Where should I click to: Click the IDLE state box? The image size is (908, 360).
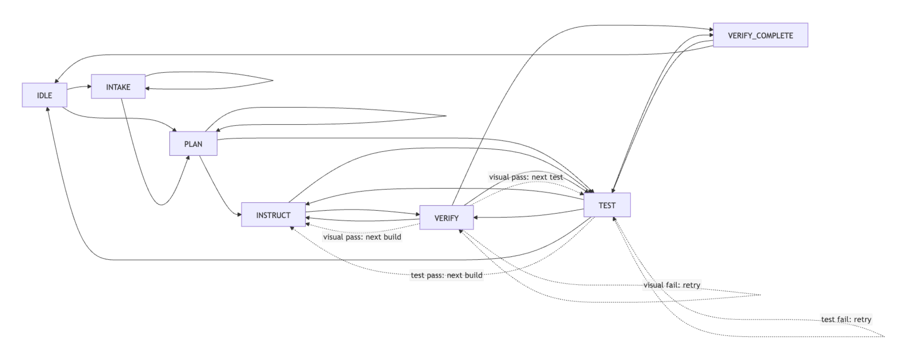[44, 95]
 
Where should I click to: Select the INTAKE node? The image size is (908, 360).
[118, 87]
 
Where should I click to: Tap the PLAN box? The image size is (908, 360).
[193, 144]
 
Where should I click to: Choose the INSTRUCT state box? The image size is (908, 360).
[273, 215]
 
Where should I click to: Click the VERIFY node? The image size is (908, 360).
[446, 218]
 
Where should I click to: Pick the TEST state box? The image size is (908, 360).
[607, 205]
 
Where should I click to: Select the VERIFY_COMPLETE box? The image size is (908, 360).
[760, 35]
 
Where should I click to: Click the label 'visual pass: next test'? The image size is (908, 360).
[526, 177]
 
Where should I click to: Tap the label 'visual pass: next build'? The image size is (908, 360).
[362, 237]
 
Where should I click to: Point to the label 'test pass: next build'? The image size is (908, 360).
[447, 275]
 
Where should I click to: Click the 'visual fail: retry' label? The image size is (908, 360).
[672, 285]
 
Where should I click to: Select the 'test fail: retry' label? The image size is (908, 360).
[846, 320]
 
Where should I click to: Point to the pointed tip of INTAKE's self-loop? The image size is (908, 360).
[273, 80]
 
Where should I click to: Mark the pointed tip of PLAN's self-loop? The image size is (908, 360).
[446, 116]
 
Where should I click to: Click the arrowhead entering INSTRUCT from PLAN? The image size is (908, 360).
[240, 214]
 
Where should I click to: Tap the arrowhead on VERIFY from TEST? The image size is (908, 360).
[475, 218]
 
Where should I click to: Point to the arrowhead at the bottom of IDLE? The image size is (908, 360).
[48, 109]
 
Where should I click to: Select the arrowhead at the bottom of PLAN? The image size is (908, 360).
[188, 157]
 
